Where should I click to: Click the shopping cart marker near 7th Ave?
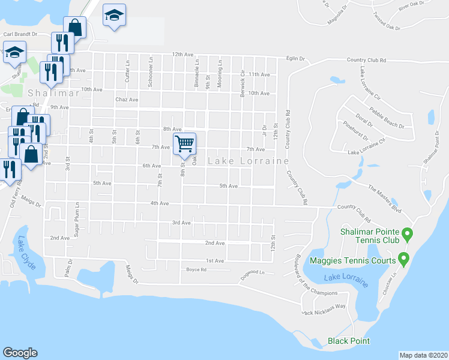click(x=185, y=144)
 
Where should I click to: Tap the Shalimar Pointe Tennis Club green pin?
click(x=407, y=233)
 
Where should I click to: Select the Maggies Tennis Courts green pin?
click(x=403, y=260)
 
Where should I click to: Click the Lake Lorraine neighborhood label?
click(x=249, y=161)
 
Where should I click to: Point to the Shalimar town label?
click(x=45, y=93)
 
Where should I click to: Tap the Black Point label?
click(x=349, y=341)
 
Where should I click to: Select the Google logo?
click(x=20, y=353)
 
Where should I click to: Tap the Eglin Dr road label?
click(x=295, y=59)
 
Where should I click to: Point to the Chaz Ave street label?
click(x=127, y=100)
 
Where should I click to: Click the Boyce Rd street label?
click(x=196, y=270)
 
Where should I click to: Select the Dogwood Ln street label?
click(x=252, y=272)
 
